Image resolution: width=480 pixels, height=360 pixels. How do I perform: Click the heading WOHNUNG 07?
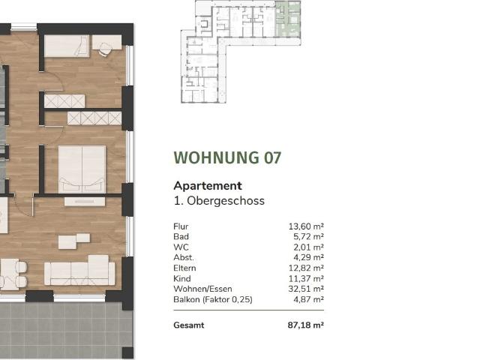[x=227, y=158]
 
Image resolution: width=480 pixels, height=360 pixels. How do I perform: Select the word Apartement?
[x=208, y=185]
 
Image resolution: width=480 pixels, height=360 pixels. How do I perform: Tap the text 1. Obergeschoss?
[x=219, y=201]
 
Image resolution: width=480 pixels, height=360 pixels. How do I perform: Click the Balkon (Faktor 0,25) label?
[x=213, y=299]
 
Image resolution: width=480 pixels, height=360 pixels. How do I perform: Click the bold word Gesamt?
[x=188, y=325]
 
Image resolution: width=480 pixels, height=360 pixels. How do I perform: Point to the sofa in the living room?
[x=79, y=271]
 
